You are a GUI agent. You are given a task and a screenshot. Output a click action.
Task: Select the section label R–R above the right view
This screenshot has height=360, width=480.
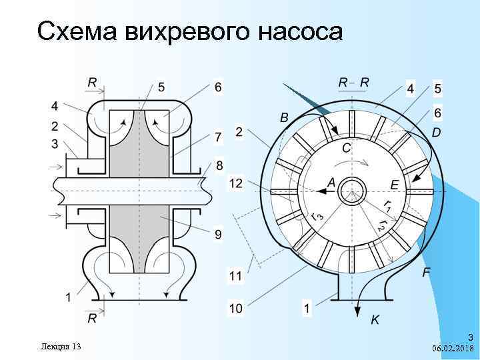[x=353, y=82]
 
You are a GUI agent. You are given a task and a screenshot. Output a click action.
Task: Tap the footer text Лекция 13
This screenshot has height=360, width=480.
[x=61, y=346]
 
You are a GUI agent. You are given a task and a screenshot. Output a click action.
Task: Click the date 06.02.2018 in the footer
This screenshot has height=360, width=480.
[x=453, y=349]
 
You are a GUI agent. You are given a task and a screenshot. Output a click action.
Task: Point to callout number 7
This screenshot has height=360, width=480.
[x=218, y=137]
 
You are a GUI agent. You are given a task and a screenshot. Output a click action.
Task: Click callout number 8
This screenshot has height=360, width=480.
[x=219, y=165]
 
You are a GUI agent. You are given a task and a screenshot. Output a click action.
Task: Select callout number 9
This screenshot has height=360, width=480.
[x=218, y=234]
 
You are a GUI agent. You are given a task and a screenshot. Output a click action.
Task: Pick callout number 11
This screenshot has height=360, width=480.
[x=235, y=275]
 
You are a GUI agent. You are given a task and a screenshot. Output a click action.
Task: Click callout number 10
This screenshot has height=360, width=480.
[x=235, y=308]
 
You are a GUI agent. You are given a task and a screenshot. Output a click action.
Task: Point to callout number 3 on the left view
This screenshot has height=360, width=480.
[x=54, y=143]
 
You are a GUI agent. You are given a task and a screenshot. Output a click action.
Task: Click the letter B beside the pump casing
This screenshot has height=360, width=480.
[x=285, y=117]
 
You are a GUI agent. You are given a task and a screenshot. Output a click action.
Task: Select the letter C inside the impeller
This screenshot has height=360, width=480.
[x=347, y=147]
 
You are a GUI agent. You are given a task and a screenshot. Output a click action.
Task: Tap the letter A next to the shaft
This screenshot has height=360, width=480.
[x=331, y=182]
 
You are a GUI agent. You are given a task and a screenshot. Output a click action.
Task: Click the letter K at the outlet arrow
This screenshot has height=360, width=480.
[x=375, y=320]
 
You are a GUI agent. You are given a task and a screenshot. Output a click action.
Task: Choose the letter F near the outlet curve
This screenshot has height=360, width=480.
[x=426, y=272]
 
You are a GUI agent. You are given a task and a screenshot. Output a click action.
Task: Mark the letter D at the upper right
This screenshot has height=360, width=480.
[x=436, y=133]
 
